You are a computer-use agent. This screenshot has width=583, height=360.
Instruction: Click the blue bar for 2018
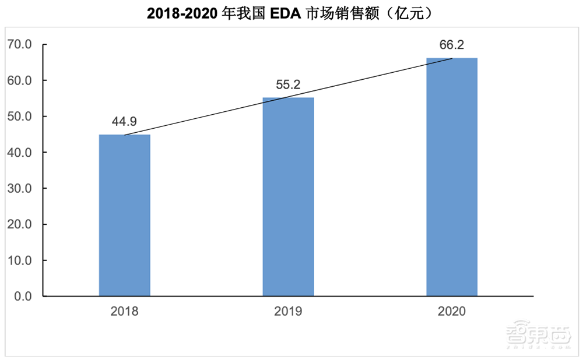[x=124, y=216]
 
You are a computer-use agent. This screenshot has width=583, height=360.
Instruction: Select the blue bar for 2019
[x=288, y=197]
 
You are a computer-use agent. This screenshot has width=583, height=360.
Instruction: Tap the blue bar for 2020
[x=452, y=177]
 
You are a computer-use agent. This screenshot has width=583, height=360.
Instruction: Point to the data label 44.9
[x=124, y=122]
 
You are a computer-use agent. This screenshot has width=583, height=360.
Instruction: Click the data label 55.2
[x=288, y=85]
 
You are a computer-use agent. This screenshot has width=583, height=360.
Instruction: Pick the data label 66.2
[x=452, y=45]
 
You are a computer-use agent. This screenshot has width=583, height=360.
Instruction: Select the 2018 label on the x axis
[x=124, y=312]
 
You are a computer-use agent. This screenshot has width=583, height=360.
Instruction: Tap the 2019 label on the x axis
[x=288, y=312]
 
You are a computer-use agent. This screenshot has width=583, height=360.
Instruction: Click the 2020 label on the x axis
[x=452, y=312]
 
